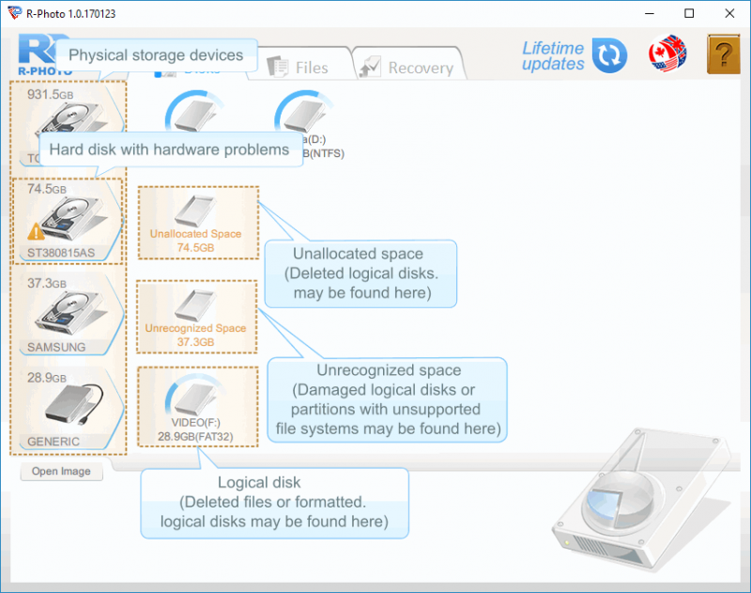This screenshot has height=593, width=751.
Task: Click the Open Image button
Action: tap(61, 472)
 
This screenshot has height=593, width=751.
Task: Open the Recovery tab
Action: tap(408, 67)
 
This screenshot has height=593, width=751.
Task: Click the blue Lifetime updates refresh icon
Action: tap(609, 55)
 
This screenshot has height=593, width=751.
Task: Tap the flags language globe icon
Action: tap(667, 55)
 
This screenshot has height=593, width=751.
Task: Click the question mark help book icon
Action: tap(723, 55)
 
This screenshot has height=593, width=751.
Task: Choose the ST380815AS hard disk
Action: tap(69, 221)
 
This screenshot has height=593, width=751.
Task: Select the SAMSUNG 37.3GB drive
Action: tap(69, 315)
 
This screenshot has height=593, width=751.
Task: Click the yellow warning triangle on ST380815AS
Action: tap(36, 230)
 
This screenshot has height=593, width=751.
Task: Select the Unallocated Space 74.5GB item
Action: tap(197, 222)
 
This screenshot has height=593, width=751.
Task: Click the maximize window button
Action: tap(690, 13)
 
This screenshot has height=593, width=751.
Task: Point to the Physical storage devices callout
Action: tap(156, 55)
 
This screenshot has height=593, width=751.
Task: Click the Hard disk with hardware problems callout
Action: tap(169, 149)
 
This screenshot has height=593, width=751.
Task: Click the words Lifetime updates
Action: tap(553, 55)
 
